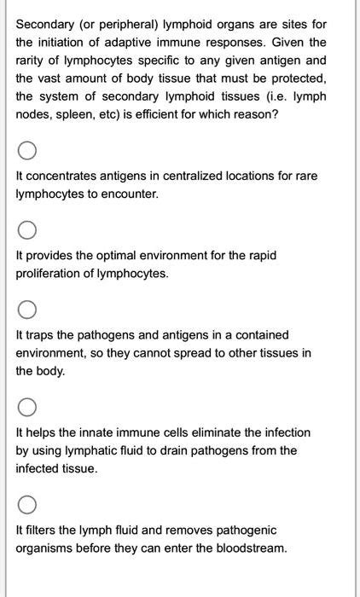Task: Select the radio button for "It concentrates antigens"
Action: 26,153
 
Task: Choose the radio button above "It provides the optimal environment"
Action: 26,231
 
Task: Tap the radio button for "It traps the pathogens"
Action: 26,309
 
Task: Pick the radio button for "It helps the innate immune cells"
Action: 26,406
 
